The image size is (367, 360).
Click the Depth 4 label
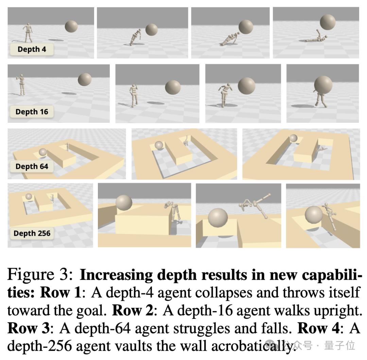(32, 49)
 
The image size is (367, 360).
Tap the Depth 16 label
(32, 112)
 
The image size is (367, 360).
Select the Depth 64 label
(32, 166)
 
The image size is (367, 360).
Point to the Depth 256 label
(32, 233)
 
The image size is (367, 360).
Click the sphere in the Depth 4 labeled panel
(71, 26)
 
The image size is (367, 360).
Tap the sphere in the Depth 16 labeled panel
(85, 80)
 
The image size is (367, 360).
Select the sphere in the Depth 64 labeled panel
(43, 152)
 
